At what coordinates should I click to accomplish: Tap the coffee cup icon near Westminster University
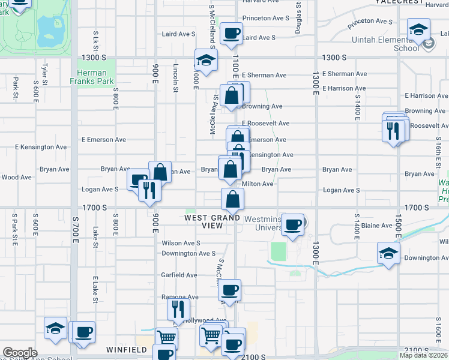(x=292, y=225)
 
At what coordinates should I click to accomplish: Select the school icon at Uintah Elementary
(x=418, y=29)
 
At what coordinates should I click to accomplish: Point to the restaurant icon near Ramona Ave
(x=178, y=309)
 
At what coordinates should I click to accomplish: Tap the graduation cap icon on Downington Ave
(x=388, y=253)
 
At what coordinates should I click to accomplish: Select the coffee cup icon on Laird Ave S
(x=232, y=33)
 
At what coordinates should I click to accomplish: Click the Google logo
(x=20, y=353)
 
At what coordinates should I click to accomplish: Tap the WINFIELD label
(x=127, y=349)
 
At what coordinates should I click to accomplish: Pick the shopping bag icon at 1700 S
(x=232, y=199)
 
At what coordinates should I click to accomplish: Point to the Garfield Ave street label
(x=179, y=275)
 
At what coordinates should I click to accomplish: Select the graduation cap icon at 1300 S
(x=205, y=60)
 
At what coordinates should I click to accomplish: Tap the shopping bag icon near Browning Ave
(x=231, y=95)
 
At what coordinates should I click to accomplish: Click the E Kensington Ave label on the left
(x=41, y=147)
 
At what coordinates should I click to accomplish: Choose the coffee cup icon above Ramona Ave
(x=229, y=290)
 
